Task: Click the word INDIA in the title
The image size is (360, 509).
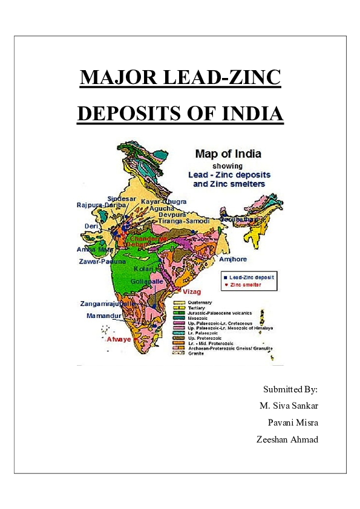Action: coord(247,114)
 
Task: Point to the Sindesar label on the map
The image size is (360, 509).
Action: coord(122,198)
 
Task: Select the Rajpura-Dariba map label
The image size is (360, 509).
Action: coord(102,205)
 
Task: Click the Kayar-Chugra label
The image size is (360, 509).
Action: coord(164,201)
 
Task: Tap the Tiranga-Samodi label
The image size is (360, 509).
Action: coord(184,221)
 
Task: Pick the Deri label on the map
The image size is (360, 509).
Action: coord(91,226)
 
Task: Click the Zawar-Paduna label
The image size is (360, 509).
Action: coord(102,262)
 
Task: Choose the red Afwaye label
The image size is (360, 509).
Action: coord(119,339)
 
